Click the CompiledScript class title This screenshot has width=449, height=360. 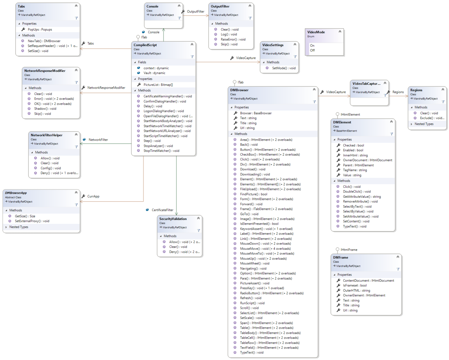(x=145, y=45)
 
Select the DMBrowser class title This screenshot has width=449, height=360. (x=239, y=90)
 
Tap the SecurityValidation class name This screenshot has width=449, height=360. (x=173, y=219)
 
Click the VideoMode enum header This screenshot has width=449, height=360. (x=316, y=32)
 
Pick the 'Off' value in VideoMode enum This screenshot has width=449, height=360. (x=312, y=50)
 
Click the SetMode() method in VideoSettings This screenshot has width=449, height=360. (x=284, y=68)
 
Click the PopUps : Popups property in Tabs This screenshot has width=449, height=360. (x=40, y=30)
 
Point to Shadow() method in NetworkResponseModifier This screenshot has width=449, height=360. (x=45, y=109)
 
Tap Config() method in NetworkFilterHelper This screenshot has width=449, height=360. (x=51, y=168)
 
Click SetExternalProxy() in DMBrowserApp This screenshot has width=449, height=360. (x=32, y=221)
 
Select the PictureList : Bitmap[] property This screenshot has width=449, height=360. (x=158, y=85)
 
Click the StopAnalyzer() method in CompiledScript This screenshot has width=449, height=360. (x=158, y=146)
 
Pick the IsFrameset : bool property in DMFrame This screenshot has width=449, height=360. (x=355, y=285)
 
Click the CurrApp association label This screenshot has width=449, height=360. (x=93, y=197)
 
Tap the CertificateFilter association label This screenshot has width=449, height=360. (x=162, y=210)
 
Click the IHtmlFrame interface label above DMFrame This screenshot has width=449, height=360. (x=349, y=250)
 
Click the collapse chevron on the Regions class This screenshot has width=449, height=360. (x=443, y=89)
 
